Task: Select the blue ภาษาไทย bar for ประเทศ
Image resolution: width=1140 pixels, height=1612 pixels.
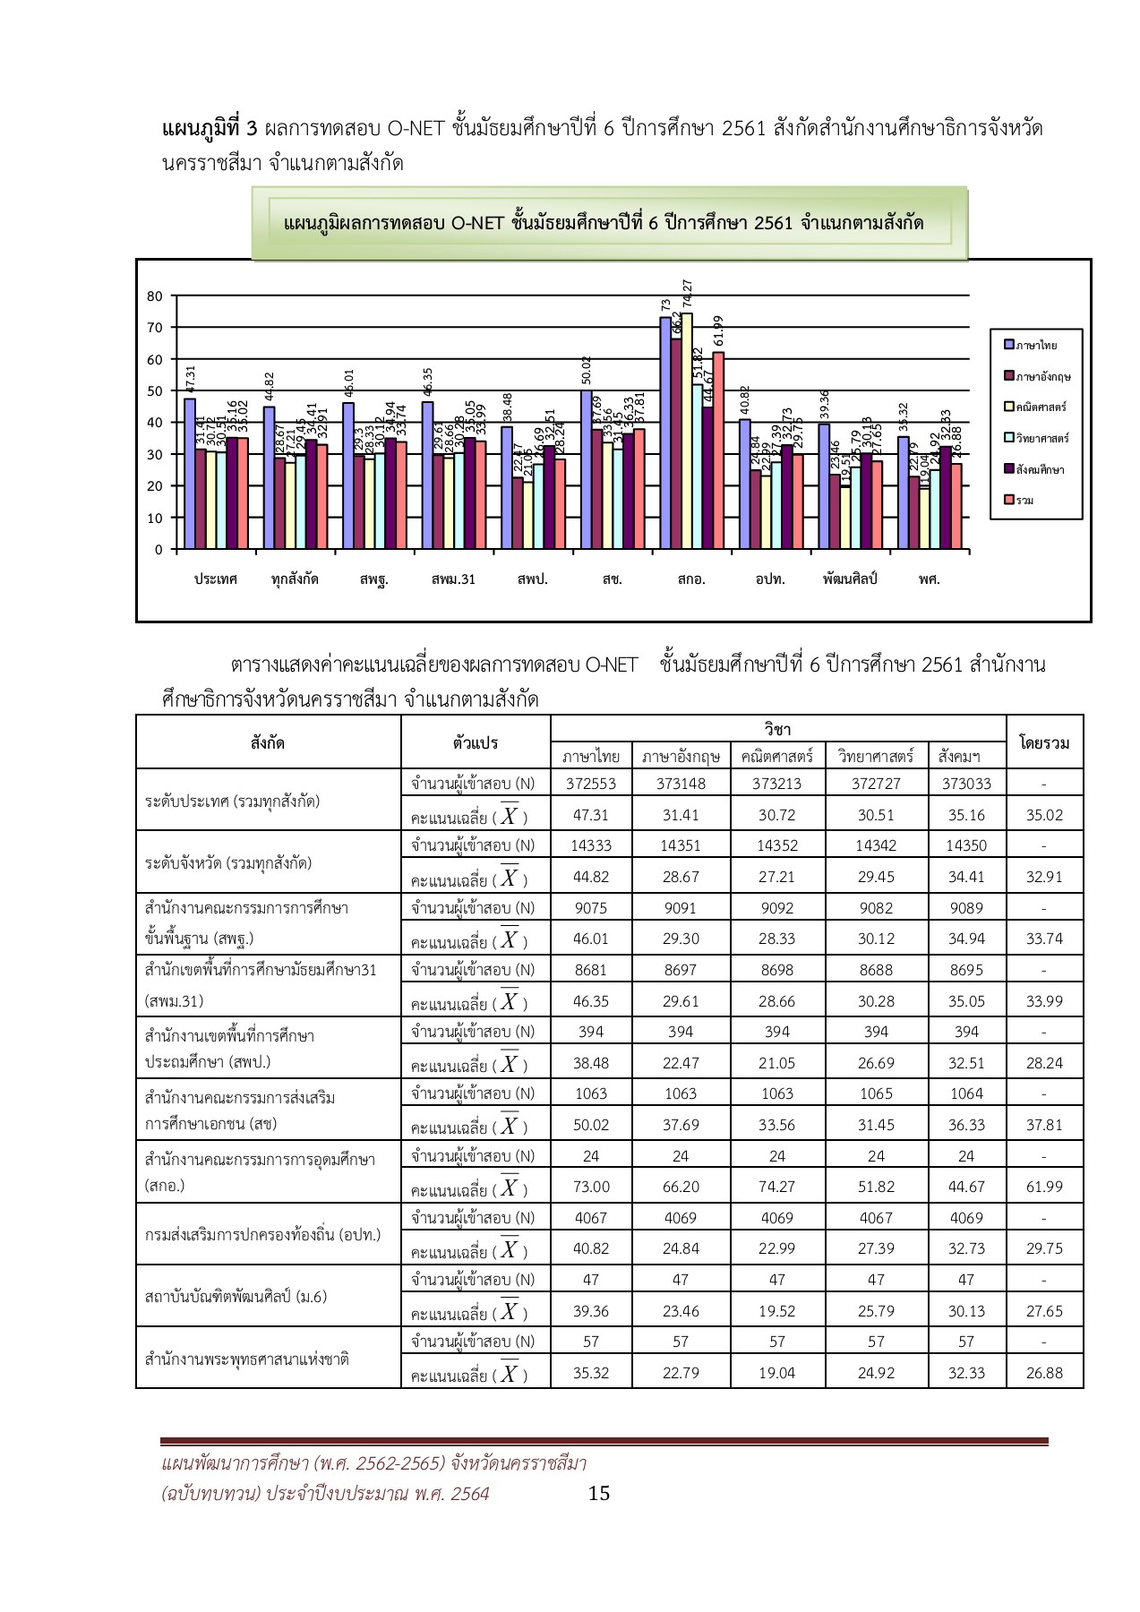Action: (190, 475)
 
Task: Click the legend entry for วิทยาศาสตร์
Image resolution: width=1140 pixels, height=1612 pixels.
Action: (1041, 438)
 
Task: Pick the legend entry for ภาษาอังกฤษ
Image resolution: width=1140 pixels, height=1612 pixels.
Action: (1041, 376)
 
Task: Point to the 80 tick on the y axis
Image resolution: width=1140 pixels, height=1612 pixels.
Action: (154, 296)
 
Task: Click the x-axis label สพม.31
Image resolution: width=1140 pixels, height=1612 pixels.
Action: (453, 579)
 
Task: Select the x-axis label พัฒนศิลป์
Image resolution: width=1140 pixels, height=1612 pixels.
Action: (849, 579)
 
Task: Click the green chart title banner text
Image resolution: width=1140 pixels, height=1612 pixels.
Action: (604, 223)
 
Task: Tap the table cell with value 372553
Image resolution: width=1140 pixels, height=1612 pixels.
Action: (591, 784)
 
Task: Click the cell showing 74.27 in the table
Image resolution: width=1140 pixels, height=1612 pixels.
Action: (776, 1187)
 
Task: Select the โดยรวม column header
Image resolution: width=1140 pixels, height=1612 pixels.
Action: (1044, 742)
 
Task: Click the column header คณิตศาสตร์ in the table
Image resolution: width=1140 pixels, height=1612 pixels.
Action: (776, 757)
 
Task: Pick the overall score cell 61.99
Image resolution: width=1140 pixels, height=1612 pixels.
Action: (1044, 1187)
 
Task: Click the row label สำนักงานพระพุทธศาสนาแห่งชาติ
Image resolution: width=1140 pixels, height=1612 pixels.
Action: (246, 1359)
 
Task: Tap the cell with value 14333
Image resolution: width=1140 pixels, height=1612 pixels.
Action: (591, 845)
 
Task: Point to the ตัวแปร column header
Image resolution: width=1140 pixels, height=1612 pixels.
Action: (476, 742)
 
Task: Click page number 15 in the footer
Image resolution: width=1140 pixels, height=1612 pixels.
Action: (599, 1493)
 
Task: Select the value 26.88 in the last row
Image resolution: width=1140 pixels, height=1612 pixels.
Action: (1044, 1373)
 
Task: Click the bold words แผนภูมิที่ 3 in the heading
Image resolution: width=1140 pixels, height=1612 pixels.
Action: (210, 128)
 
